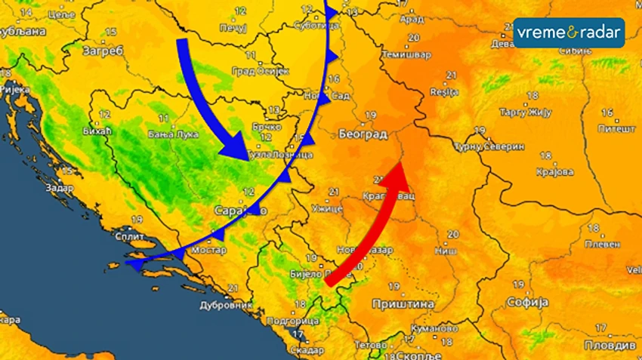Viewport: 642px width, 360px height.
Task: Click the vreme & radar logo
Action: (x=569, y=33)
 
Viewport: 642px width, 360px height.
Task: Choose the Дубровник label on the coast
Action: (x=226, y=306)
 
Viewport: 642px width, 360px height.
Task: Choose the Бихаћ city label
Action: (x=96, y=131)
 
